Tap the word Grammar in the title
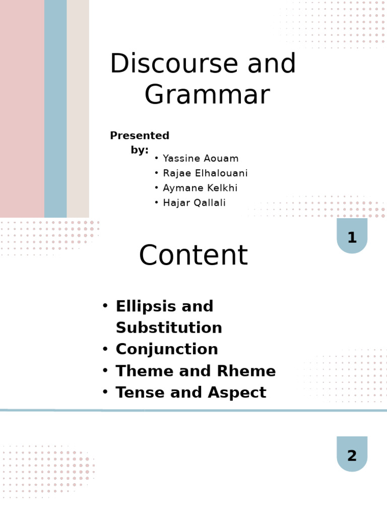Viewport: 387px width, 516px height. click(x=207, y=95)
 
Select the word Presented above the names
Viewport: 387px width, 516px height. click(x=140, y=136)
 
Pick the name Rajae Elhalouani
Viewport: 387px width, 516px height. click(x=205, y=173)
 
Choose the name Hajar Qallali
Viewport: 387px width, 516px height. click(x=194, y=203)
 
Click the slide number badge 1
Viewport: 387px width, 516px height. click(x=352, y=237)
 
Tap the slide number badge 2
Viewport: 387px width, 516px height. click(x=352, y=456)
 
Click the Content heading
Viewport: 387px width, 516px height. click(x=193, y=255)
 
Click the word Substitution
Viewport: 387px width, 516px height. click(x=169, y=328)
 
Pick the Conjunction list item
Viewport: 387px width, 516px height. click(x=167, y=350)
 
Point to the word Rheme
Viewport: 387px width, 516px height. click(x=246, y=371)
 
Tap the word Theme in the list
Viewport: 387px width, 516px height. click(x=142, y=371)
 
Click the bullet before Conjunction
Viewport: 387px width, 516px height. click(x=105, y=349)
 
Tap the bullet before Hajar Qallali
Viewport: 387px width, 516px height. click(x=157, y=203)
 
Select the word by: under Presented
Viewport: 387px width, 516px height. click(x=140, y=150)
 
